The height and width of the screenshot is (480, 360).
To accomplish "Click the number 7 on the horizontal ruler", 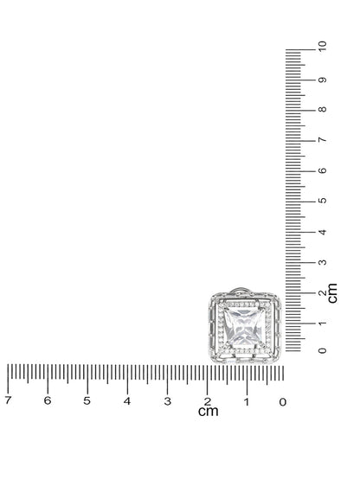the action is pyautogui.click(x=9, y=400).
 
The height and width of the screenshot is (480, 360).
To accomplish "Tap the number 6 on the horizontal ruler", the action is pyautogui.click(x=48, y=400).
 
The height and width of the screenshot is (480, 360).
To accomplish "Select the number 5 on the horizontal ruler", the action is pyautogui.click(x=87, y=400).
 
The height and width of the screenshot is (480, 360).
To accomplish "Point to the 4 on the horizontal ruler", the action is pyautogui.click(x=127, y=401).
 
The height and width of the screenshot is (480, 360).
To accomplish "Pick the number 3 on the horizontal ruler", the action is pyautogui.click(x=167, y=401).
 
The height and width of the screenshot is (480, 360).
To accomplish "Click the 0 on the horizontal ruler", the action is pyautogui.click(x=283, y=402).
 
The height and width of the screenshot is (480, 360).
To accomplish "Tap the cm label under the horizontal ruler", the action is pyautogui.click(x=209, y=412).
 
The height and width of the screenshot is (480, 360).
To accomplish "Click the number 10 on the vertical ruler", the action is pyautogui.click(x=322, y=46).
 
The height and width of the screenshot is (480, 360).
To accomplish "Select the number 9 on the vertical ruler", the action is pyautogui.click(x=322, y=80).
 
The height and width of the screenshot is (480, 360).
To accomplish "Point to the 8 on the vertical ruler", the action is pyautogui.click(x=322, y=109).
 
